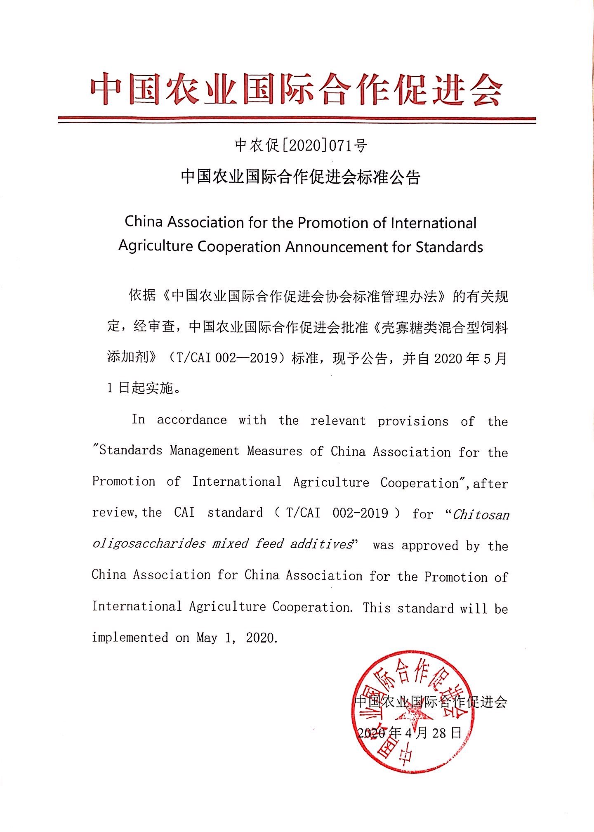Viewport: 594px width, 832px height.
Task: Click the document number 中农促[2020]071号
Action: click(301, 145)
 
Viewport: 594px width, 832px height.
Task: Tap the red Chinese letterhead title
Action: click(296, 89)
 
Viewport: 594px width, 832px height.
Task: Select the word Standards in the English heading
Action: click(449, 247)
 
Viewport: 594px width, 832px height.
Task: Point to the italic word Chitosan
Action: click(481, 515)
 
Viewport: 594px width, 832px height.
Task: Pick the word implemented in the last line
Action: click(130, 637)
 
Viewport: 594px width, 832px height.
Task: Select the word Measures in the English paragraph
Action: click(275, 451)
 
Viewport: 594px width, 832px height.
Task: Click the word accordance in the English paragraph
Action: click(192, 420)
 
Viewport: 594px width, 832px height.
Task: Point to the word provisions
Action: click(413, 421)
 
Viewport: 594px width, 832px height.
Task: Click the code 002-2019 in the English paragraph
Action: click(360, 513)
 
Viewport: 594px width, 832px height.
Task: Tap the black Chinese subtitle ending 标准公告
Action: click(301, 177)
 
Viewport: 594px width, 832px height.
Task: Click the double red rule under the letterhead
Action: click(297, 120)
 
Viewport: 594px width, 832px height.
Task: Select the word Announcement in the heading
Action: click(344, 247)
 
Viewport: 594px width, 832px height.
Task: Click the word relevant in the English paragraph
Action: click(338, 421)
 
